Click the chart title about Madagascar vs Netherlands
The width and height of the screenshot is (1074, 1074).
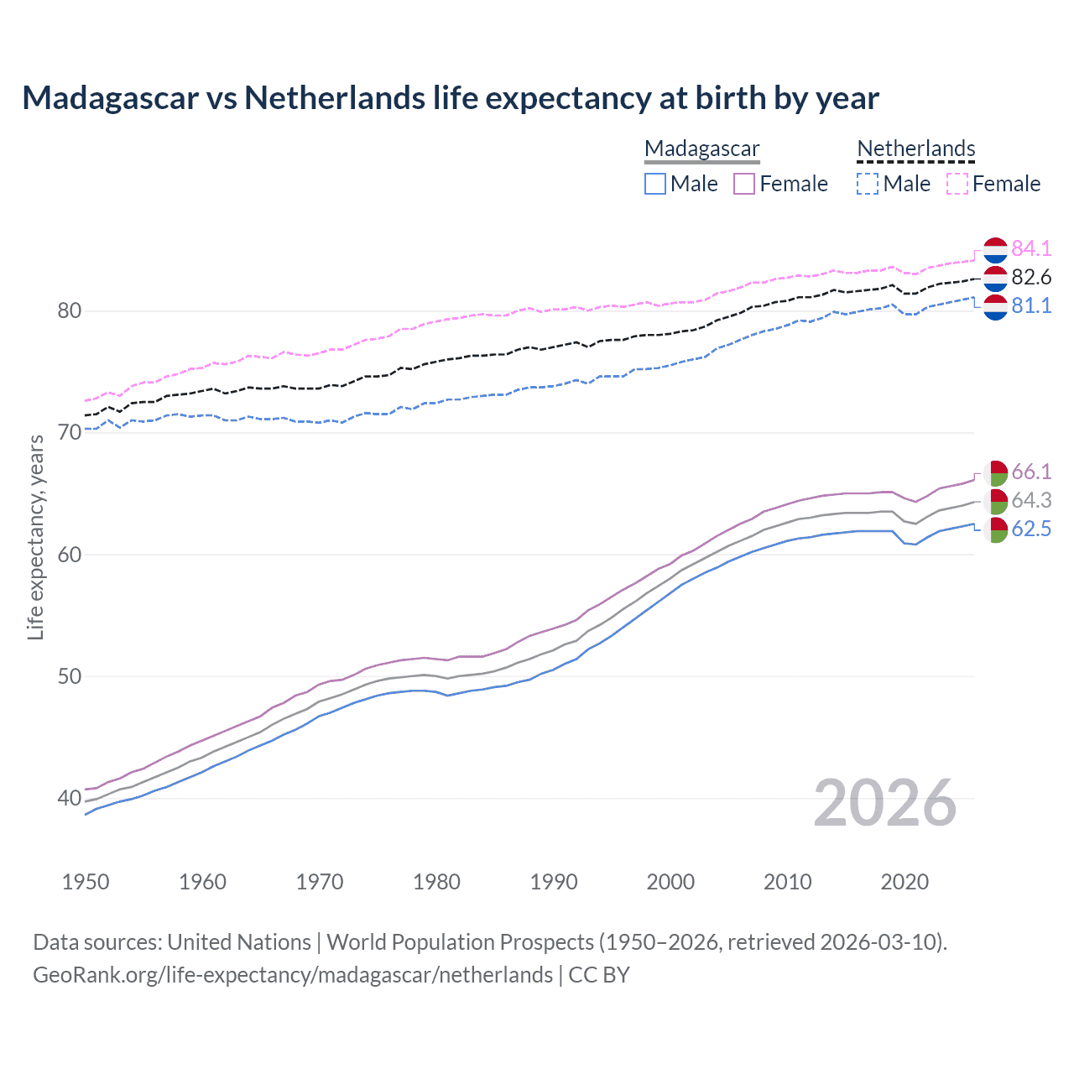point(451,98)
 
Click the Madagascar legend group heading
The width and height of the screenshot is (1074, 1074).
point(701,149)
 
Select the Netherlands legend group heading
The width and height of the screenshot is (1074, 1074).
point(915,149)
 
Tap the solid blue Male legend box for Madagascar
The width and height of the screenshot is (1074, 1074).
point(655,184)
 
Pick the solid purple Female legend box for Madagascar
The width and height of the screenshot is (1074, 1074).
point(744,184)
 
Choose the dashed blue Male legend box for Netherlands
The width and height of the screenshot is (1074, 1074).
point(868,184)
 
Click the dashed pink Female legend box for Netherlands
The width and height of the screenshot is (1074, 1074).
point(957,184)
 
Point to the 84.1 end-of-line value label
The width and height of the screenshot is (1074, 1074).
point(1031,248)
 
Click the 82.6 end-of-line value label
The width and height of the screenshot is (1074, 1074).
point(1031,277)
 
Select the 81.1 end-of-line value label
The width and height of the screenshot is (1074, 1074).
point(1031,305)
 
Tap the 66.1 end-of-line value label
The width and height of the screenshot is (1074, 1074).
point(1031,472)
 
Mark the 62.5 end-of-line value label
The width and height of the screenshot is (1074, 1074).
point(1031,529)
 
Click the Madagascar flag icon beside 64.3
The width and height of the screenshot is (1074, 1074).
point(995,502)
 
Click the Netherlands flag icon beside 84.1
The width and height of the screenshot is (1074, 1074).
point(995,250)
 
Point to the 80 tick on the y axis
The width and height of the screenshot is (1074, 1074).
point(70,310)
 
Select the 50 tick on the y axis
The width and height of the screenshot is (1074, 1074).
point(70,676)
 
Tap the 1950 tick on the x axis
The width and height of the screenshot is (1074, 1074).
point(86,882)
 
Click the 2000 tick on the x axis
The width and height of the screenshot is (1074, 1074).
point(670,882)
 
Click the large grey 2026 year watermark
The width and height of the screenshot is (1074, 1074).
point(884,803)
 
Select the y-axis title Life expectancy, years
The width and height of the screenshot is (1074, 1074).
point(36,537)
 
